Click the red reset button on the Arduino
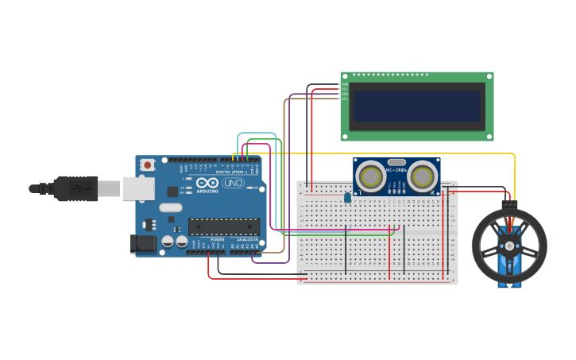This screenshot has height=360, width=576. [x=147, y=165]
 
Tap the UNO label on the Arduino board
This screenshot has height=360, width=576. [x=233, y=183]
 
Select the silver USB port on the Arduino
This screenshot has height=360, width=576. [x=138, y=188]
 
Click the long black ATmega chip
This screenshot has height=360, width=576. [x=223, y=227]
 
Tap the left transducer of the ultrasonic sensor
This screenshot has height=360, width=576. [x=370, y=175]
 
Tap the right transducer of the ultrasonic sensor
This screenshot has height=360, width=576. [x=423, y=175]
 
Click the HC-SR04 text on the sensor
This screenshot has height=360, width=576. [x=396, y=170]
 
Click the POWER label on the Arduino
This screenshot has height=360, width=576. [x=217, y=239]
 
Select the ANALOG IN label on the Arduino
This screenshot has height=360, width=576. [x=246, y=239]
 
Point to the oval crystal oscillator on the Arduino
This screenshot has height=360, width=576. [x=170, y=208]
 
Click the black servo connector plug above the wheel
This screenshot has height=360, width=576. [x=509, y=205]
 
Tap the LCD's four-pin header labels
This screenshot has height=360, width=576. [x=344, y=91]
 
